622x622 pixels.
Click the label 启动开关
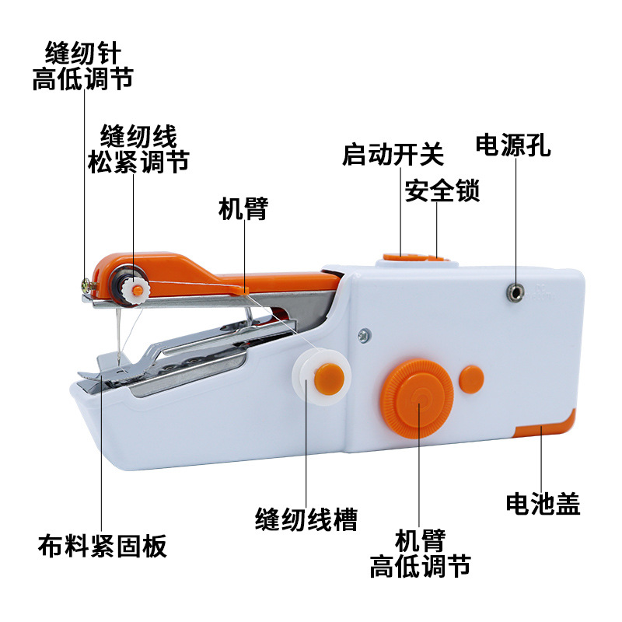pos(393,153)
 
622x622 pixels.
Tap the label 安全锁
pos(442,190)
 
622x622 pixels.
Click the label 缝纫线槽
pos(306,519)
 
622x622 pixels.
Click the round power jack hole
pos(514,292)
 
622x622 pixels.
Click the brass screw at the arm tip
pos(86,286)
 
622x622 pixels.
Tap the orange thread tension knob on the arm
pos(137,289)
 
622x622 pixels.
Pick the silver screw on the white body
pos(362,337)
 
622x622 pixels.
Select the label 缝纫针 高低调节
pos(82,67)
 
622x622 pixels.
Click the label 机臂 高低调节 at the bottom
pos(420,553)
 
